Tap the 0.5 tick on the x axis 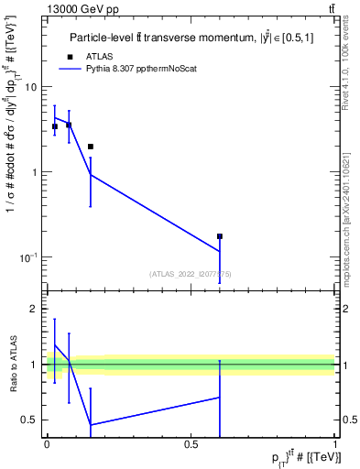coord(191,444)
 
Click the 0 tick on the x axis coord(47,444)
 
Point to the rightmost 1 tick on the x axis coord(335,444)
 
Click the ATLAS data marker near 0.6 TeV coord(220,236)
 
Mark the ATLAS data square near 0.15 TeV coord(90,147)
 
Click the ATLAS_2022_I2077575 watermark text coord(191,273)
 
